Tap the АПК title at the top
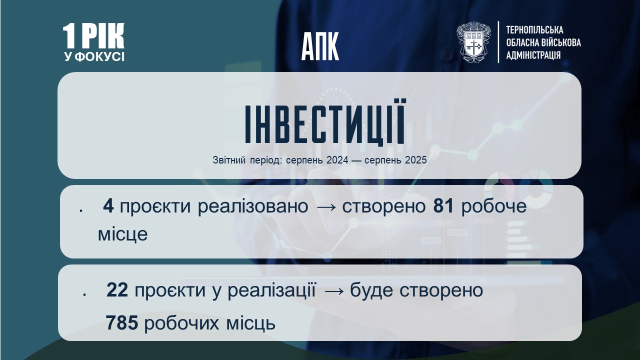pos(320,46)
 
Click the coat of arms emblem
pos(473,42)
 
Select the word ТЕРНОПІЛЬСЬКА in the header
pos(535,30)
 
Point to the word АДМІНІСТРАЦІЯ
pos(533,55)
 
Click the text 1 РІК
pos(93,35)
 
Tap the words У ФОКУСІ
pos(94,56)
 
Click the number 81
pos(443,206)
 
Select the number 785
pos(122,323)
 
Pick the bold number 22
pos(117,290)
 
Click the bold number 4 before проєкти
pos(108,206)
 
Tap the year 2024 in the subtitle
pos(337,160)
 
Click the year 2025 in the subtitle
pos(416,160)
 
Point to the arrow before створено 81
pos(325,207)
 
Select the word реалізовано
pos(253,206)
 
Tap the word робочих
pos(181,323)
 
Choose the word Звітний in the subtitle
pos(229,160)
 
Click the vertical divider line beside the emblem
pos(498,42)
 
